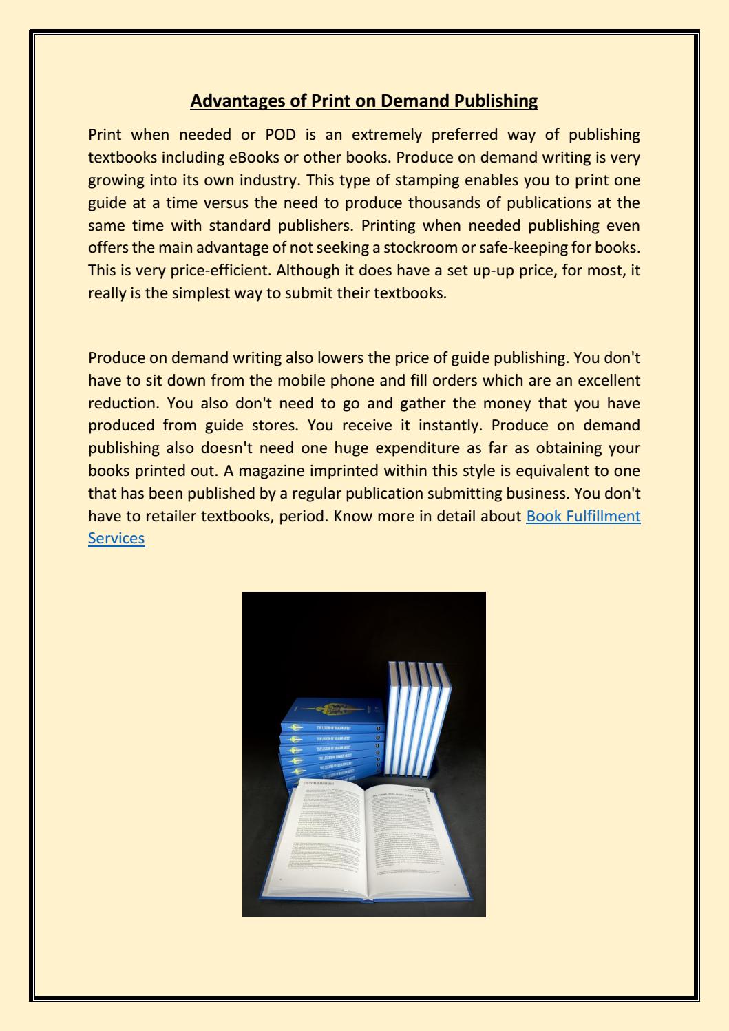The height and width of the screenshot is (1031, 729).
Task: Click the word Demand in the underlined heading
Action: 415,101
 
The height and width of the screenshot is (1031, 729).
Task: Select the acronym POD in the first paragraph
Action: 280,134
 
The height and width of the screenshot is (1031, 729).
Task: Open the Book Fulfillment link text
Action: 583,516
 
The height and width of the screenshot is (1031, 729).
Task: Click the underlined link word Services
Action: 116,538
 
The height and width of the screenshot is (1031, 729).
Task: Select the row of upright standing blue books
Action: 416,716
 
